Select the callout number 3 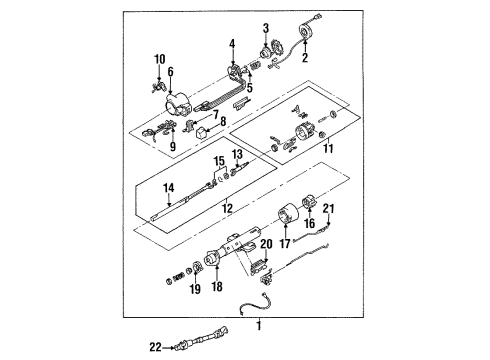point(267,27)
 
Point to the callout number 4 point(233,43)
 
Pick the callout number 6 point(171,72)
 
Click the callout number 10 point(157,61)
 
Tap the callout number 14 point(169,186)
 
